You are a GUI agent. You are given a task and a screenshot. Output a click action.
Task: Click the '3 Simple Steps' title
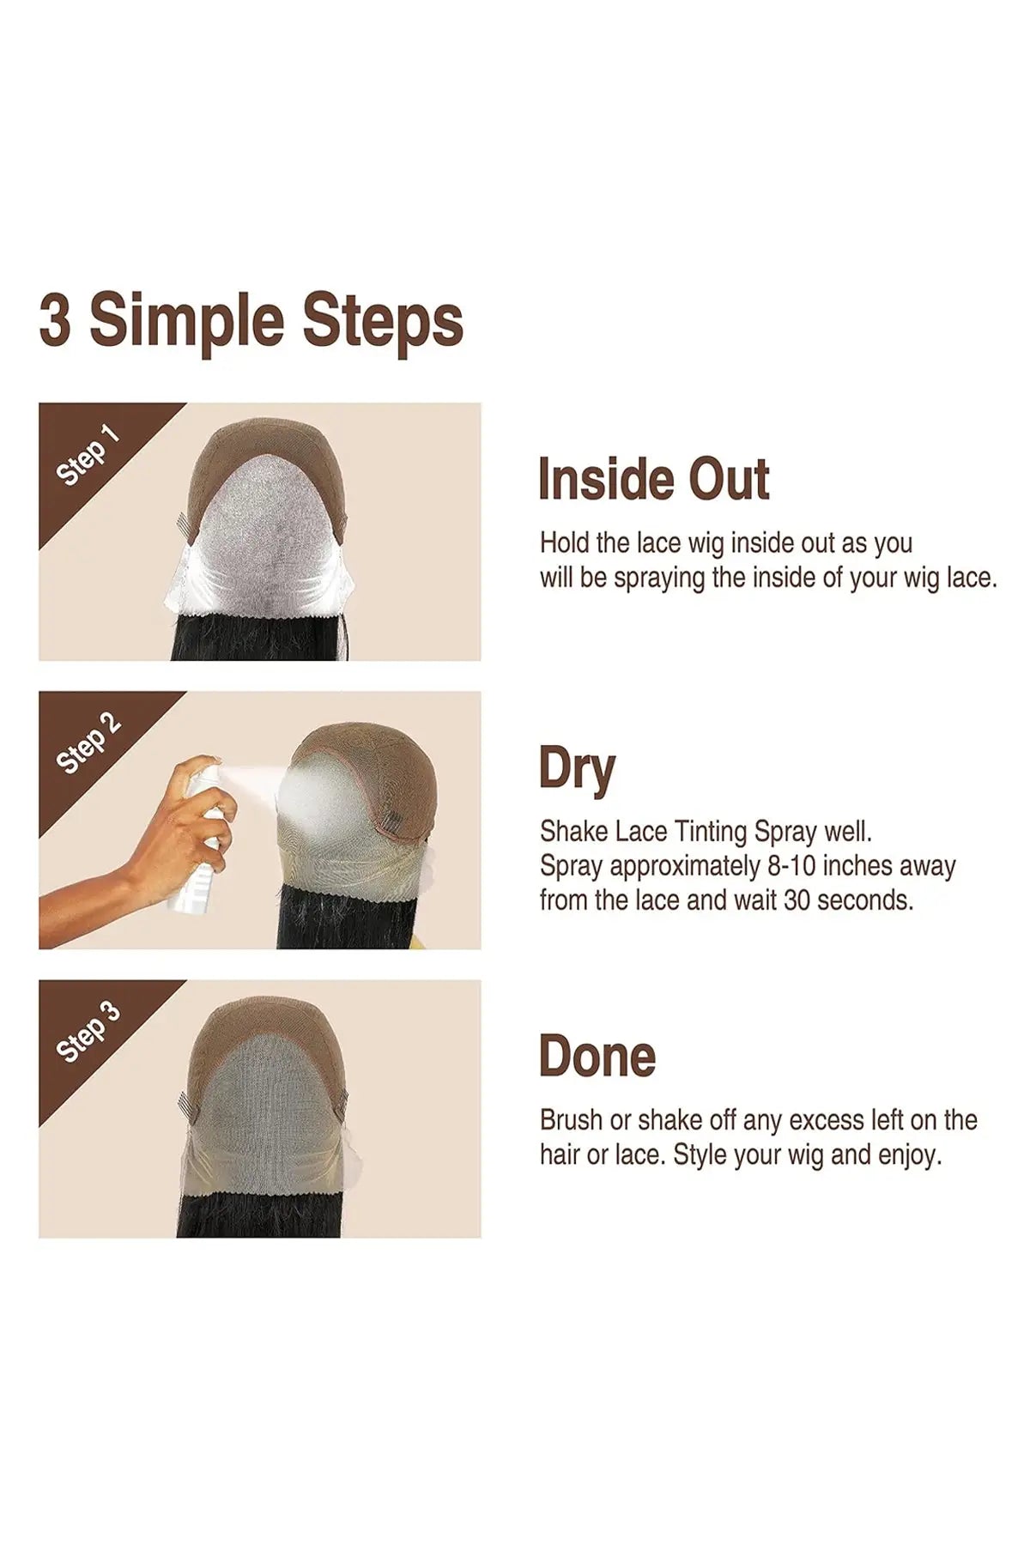coord(251,321)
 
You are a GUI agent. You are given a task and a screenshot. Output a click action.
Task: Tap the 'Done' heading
coord(597,1057)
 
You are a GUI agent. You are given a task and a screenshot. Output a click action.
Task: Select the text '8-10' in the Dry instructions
coord(785,866)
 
